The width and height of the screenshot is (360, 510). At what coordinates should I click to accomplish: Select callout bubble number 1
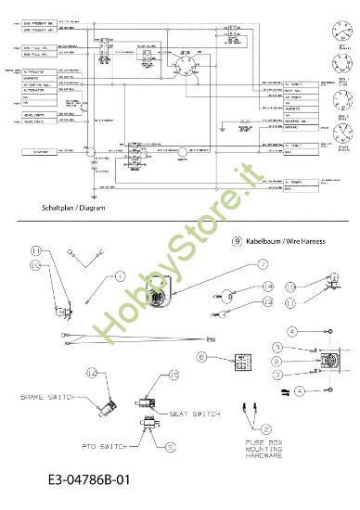click(120, 275)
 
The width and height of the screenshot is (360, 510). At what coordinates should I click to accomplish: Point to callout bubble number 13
click(265, 302)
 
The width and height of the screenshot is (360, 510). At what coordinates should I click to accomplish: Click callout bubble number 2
click(267, 427)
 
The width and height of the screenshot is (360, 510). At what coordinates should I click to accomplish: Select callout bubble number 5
click(171, 446)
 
